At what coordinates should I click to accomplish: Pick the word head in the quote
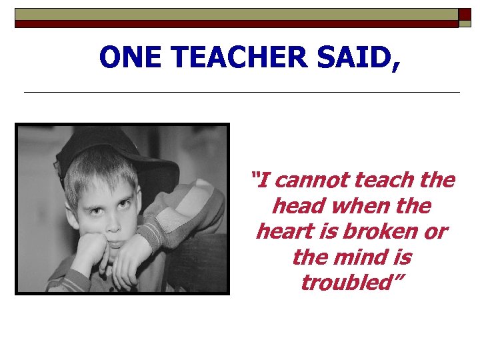[299, 206]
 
